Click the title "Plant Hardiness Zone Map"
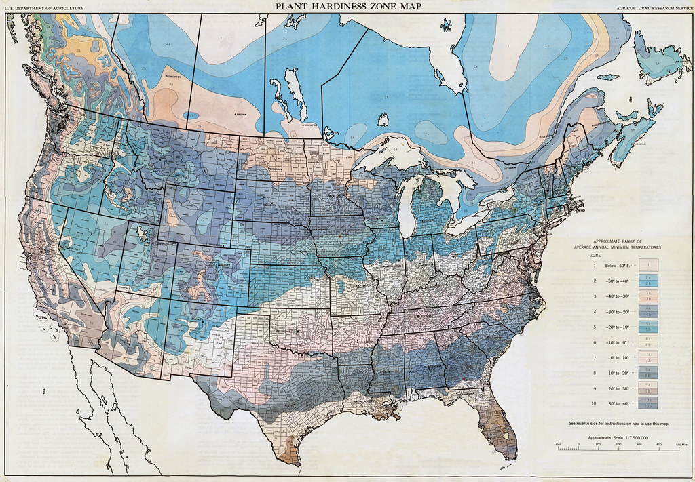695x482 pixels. click(x=347, y=6)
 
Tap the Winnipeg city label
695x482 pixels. click(x=311, y=125)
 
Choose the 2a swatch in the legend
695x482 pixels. click(x=648, y=278)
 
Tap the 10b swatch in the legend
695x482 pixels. click(x=648, y=405)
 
